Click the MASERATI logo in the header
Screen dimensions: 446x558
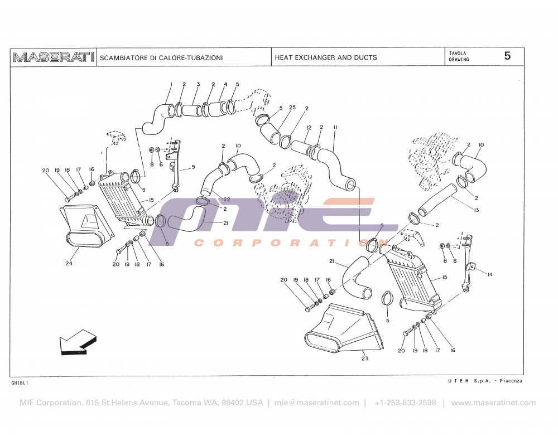coord(54,57)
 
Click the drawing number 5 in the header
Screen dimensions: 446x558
coord(507,56)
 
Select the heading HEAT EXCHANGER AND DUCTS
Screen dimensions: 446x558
coord(326,57)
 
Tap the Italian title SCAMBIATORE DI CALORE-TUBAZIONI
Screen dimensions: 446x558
coord(161,57)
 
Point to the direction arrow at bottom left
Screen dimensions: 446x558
coord(78,341)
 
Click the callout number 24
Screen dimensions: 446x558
coord(69,264)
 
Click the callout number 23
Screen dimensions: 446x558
coord(365,358)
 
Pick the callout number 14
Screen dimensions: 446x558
coord(489,274)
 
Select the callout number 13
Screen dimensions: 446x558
coord(477,210)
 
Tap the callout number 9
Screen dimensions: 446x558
coord(193,167)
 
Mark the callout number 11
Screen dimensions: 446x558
coord(335,128)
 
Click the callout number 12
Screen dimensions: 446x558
coord(309,128)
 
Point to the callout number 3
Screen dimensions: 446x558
coord(198,84)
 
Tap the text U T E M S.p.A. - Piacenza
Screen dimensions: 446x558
coord(485,381)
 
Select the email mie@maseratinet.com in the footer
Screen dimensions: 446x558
coord(316,403)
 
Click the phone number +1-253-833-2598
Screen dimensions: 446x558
coord(405,403)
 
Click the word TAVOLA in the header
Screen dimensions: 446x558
coord(458,53)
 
